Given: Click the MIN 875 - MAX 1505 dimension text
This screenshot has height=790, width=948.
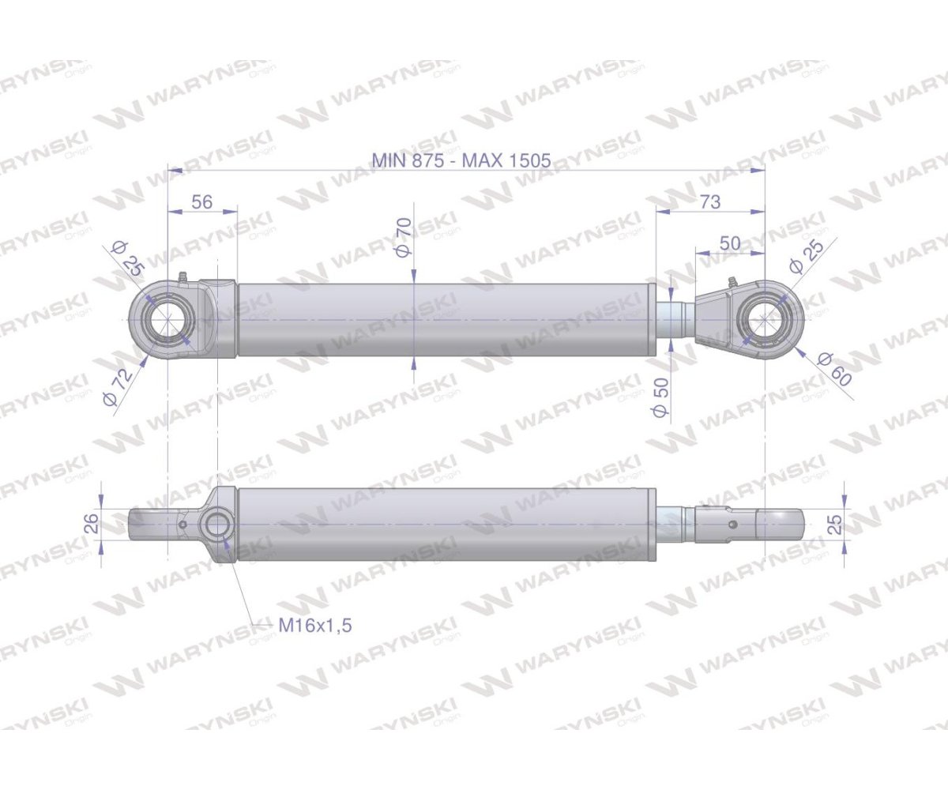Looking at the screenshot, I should point(461,160).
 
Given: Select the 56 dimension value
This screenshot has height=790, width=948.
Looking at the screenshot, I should point(202,201).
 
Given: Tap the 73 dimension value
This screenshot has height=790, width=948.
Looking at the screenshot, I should point(710,201).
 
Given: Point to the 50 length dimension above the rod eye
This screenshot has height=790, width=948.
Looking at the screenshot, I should point(731,243).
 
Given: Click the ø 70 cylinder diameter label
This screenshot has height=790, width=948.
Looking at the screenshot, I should point(403,238).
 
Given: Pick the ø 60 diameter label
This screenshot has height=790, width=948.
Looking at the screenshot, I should point(835,368).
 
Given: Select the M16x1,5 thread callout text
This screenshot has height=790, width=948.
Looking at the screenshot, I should point(315,625).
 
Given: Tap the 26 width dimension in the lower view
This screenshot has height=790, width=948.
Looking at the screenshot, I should point(92,523).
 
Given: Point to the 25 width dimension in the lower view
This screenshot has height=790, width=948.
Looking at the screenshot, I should point(833,522).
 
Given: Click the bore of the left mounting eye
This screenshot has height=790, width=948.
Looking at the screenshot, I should point(168,319).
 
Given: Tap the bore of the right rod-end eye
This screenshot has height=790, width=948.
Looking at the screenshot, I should point(764,319).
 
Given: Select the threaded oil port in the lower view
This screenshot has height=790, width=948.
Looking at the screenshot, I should point(216,525).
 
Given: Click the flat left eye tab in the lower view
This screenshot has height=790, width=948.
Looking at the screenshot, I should point(150,523).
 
